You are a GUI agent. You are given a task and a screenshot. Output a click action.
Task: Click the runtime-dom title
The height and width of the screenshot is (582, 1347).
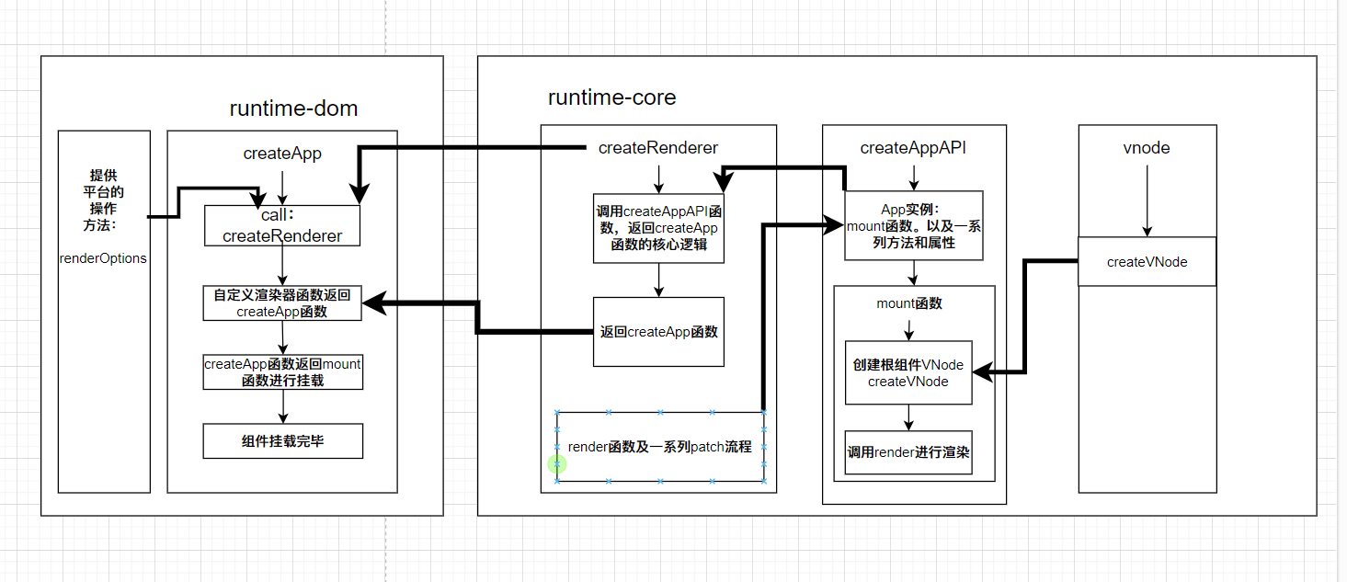coord(293,108)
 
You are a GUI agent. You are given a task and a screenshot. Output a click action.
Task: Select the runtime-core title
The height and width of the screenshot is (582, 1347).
coord(611,97)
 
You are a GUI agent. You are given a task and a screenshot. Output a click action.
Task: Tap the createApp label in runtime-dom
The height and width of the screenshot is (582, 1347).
coord(282,154)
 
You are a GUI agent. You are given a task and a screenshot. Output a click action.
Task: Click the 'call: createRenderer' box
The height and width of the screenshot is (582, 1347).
coord(281,225)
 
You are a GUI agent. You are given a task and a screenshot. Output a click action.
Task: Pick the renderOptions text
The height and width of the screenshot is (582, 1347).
coord(103,258)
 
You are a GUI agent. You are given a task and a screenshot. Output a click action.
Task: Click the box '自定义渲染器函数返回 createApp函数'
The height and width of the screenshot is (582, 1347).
coord(282,302)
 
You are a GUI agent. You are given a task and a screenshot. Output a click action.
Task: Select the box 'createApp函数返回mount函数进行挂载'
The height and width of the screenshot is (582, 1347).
coord(282,371)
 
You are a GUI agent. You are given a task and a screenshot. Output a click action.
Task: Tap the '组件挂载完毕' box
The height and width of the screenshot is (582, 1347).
coord(282,441)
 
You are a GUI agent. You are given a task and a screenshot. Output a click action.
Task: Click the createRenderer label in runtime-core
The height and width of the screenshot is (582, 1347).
coord(657,148)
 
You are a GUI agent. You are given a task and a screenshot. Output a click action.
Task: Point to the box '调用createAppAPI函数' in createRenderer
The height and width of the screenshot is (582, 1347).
coord(657,228)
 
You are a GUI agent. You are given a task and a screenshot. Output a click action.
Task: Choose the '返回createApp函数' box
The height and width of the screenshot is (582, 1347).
coord(657,332)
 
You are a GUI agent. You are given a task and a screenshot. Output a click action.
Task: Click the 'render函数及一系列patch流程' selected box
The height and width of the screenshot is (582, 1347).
coord(660,447)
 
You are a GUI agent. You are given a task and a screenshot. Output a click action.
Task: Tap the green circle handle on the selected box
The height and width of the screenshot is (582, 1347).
coord(557,465)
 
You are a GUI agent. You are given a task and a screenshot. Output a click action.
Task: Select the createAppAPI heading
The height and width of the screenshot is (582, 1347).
coord(913,148)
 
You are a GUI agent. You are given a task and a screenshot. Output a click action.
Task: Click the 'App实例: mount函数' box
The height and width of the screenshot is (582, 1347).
coord(913,225)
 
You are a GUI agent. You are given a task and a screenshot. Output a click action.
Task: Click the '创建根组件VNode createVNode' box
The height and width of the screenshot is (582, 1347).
coord(908,372)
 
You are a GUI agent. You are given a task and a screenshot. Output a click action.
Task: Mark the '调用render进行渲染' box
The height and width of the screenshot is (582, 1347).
coord(908,452)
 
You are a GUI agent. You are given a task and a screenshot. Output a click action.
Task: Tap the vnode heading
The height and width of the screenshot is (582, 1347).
coord(1147,148)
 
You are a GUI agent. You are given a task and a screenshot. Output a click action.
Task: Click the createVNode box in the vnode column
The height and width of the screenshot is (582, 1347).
coord(1147,262)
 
